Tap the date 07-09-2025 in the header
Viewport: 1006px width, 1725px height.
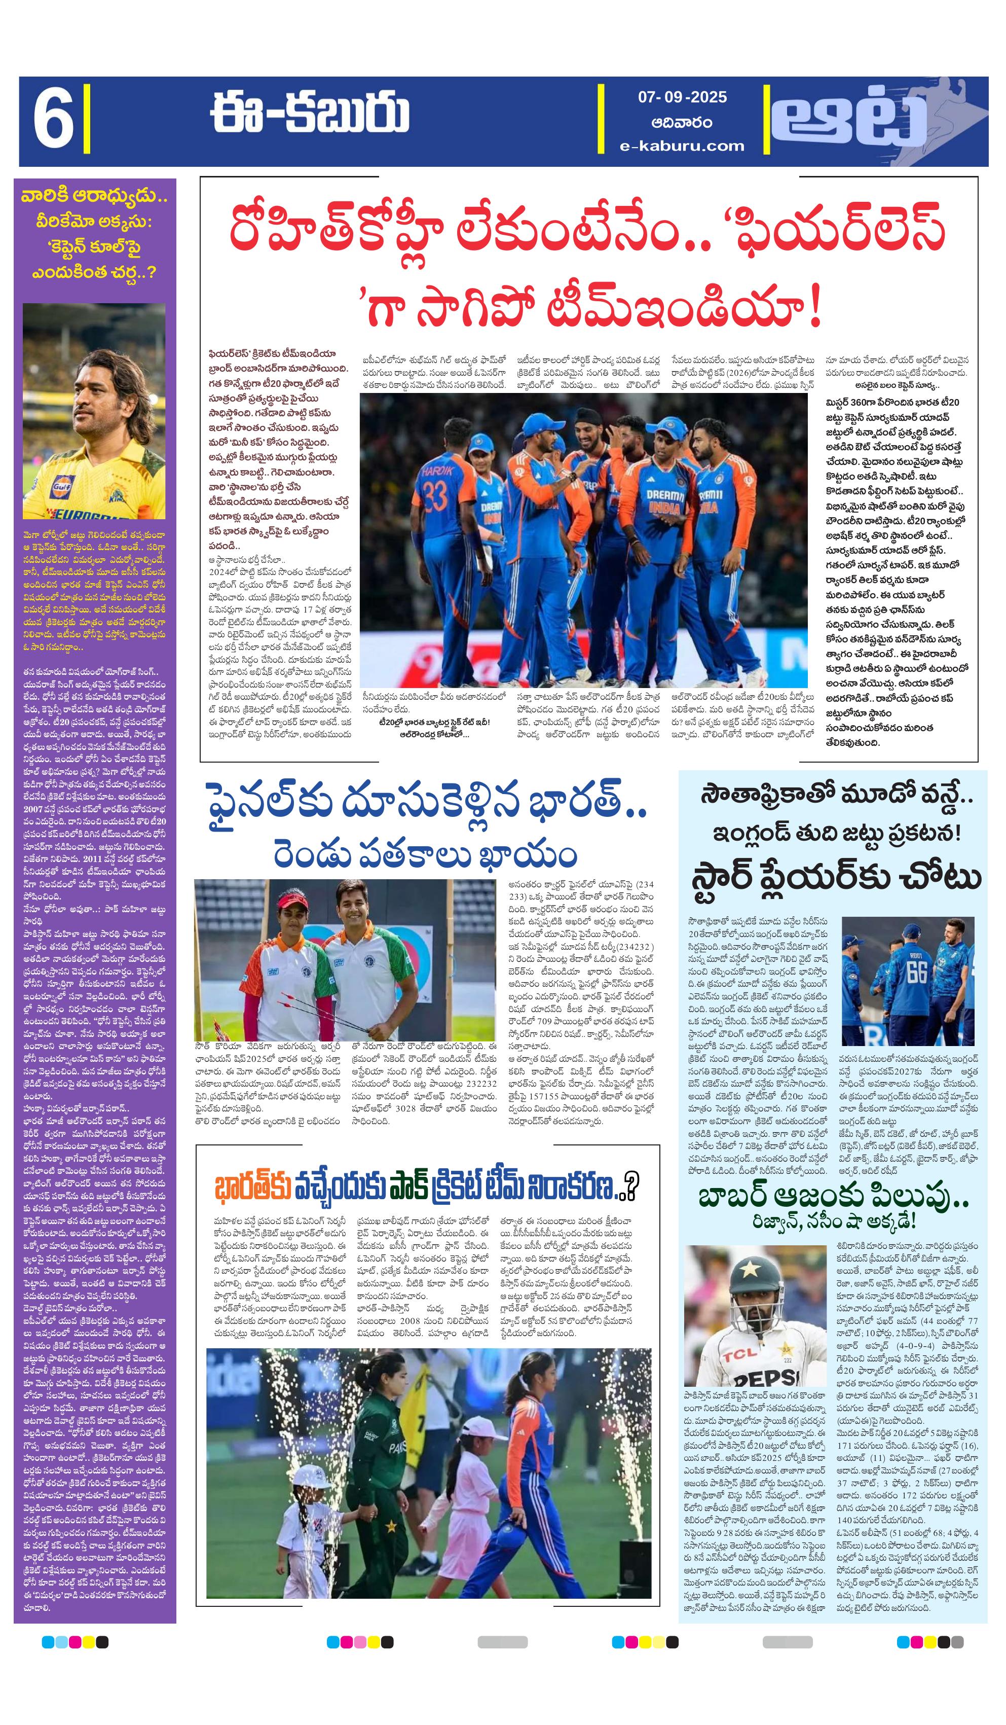click(x=682, y=97)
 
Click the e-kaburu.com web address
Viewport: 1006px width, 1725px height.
click(x=682, y=146)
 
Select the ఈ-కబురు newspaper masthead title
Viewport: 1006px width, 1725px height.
click(x=309, y=114)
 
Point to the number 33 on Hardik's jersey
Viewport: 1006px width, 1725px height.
click(x=435, y=495)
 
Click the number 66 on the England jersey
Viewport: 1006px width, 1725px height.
click(x=916, y=973)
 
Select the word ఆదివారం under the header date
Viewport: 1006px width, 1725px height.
click(x=682, y=123)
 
